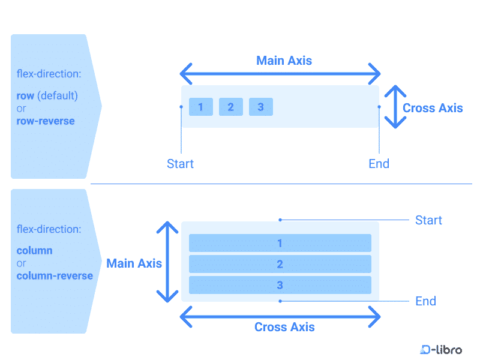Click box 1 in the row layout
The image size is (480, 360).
(x=201, y=107)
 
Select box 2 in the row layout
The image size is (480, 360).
(x=231, y=107)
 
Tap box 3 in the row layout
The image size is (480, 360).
(x=260, y=107)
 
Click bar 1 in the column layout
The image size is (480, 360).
(x=280, y=243)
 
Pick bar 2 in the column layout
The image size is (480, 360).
(x=280, y=264)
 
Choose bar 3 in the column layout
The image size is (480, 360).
(x=280, y=285)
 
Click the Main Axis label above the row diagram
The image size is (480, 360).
(x=284, y=61)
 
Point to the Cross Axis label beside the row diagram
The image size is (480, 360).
(x=433, y=108)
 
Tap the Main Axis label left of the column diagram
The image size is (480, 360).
(x=134, y=263)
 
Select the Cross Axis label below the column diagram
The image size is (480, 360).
(x=284, y=327)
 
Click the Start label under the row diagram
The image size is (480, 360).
(x=181, y=164)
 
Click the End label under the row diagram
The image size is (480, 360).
(x=379, y=164)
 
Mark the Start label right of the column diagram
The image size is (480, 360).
(x=428, y=220)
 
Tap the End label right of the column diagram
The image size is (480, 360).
(x=425, y=301)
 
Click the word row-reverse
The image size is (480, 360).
(x=46, y=121)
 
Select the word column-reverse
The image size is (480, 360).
(x=55, y=276)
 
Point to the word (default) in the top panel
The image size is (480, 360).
(x=58, y=95)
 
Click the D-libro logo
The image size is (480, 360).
(x=441, y=349)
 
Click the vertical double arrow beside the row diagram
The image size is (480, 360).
(x=395, y=107)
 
